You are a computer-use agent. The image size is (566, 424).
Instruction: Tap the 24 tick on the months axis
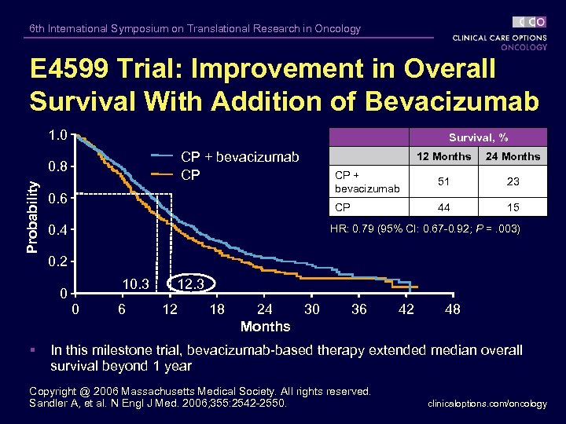pos(265,309)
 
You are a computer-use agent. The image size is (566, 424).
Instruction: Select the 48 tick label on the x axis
pos(453,309)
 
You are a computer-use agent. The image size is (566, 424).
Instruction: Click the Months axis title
pos(265,327)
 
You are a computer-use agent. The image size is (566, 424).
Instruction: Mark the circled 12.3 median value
pos(191,283)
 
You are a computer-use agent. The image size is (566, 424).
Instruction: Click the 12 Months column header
pos(443,156)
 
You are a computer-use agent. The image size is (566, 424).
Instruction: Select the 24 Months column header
pos(513,156)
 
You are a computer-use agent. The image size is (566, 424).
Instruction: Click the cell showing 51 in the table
pos(443,181)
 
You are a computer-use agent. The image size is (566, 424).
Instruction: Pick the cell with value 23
pos(513,181)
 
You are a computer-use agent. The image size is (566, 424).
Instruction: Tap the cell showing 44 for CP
pos(443,207)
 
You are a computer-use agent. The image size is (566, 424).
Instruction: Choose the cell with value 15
pos(513,207)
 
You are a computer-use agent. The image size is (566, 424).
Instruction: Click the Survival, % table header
pos(478,137)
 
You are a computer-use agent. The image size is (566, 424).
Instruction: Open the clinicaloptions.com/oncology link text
pos(487,404)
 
